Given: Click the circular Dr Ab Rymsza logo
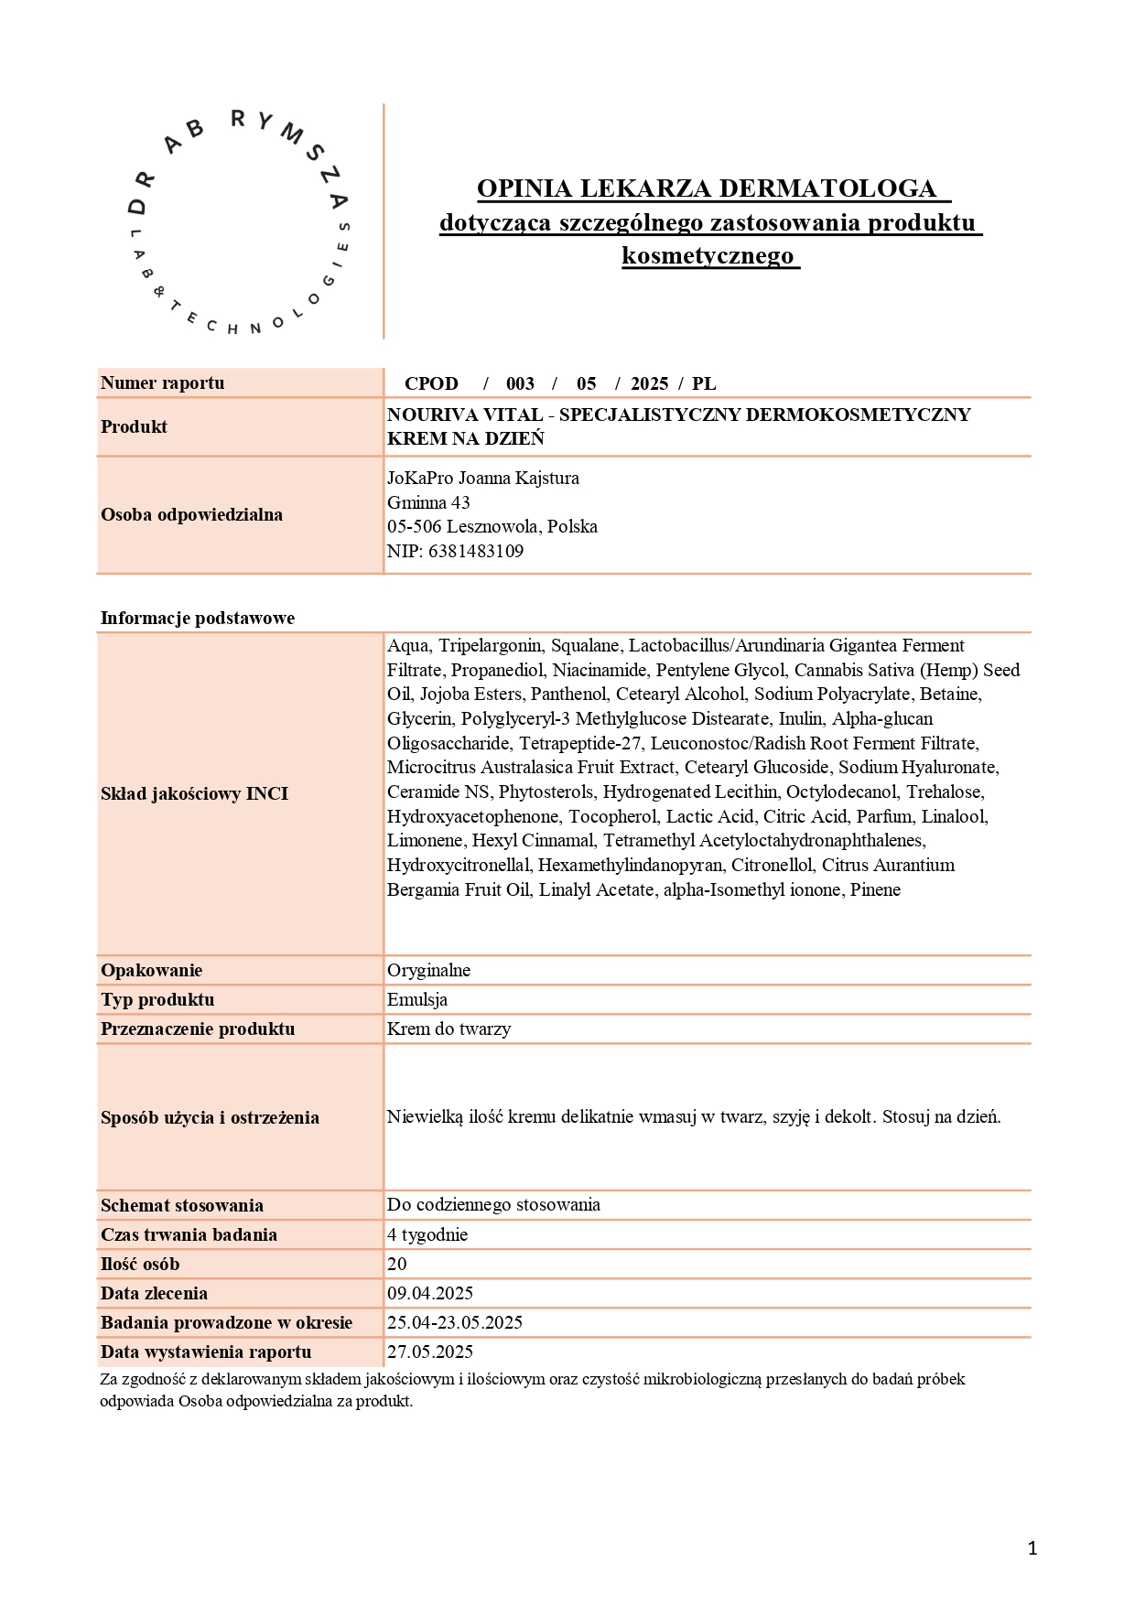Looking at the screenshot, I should tap(239, 222).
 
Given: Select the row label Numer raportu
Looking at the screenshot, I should tap(163, 383).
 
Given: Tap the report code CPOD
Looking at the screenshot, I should tap(431, 384).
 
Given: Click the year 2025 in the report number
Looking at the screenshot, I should tap(649, 384).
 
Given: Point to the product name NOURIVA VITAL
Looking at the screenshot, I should tap(465, 415).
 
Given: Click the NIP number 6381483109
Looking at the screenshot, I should tap(476, 551).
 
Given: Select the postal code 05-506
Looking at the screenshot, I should tap(414, 526).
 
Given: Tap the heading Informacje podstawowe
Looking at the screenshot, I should tap(198, 618).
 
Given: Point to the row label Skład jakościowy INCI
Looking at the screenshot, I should tap(194, 793).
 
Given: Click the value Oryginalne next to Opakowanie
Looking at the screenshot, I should tap(428, 970).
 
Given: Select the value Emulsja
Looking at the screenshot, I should tap(417, 999).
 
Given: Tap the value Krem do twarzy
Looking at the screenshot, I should tap(449, 1029).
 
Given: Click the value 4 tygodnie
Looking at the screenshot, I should tap(427, 1234).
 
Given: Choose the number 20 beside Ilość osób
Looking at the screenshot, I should tap(397, 1264).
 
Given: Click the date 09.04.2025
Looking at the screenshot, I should tap(430, 1293).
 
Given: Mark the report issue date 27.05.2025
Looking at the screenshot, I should tap(430, 1352).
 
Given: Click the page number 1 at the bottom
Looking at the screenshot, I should tap(1032, 1548).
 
